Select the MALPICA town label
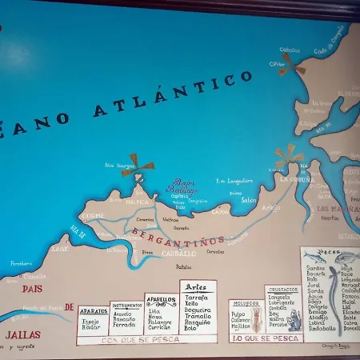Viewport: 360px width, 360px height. coord(137,202)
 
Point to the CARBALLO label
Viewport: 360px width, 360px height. coord(178,253)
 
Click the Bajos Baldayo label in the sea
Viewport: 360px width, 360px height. coord(181,186)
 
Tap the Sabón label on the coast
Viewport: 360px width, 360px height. coord(248,200)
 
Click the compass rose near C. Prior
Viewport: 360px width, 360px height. coord(291,65)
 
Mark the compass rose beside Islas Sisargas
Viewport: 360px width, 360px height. coord(138,165)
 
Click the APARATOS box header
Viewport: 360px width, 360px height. coord(93,311)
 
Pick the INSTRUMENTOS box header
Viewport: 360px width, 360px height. coord(126,305)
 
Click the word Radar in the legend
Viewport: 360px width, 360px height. coord(91,327)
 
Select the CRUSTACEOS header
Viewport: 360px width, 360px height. coord(283,290)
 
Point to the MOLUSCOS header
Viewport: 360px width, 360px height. coord(245,303)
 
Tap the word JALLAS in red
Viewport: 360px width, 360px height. coord(22,334)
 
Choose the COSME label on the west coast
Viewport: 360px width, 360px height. coord(93,216)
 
